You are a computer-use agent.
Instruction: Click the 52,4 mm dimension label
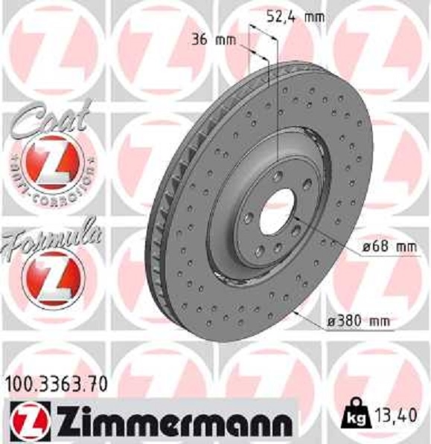click(285, 13)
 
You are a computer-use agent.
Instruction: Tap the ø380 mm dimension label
click(360, 321)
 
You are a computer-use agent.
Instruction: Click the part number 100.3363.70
click(56, 384)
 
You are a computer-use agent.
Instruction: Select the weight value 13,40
click(396, 411)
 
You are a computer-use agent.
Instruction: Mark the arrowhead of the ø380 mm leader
click(296, 312)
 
